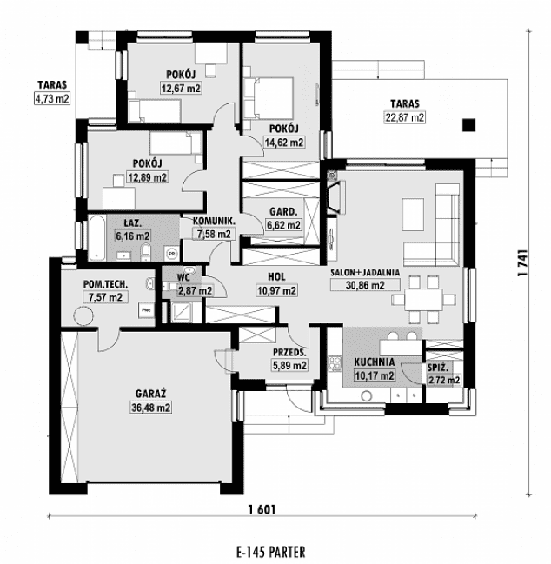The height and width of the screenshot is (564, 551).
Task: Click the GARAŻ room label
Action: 151,393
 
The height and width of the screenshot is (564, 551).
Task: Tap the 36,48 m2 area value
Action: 151,407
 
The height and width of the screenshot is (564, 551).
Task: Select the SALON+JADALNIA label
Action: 365,272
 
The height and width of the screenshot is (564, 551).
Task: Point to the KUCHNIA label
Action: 375,362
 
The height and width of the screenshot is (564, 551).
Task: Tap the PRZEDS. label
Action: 289,353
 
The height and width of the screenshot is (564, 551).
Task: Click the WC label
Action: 183,277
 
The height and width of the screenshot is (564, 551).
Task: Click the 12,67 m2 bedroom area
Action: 181,88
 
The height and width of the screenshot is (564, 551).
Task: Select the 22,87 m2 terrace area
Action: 405,117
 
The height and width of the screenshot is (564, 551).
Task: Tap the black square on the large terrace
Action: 470,123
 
